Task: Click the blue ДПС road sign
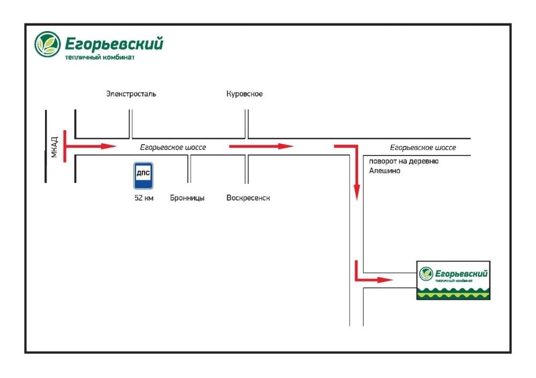(x=143, y=175)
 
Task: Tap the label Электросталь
(x=131, y=94)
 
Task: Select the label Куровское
(x=244, y=94)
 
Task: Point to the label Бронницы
(x=187, y=198)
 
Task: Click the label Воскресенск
(x=248, y=198)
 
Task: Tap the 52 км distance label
(x=144, y=198)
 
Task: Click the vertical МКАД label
(x=54, y=147)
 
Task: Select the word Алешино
(x=384, y=171)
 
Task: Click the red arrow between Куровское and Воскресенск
(x=261, y=146)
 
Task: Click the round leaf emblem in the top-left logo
(x=48, y=44)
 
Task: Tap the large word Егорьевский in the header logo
(x=114, y=44)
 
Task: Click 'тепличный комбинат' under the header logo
(x=100, y=57)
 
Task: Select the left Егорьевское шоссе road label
(x=173, y=147)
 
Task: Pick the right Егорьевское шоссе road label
(x=423, y=147)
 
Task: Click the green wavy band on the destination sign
(x=453, y=293)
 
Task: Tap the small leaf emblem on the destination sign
(x=426, y=273)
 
